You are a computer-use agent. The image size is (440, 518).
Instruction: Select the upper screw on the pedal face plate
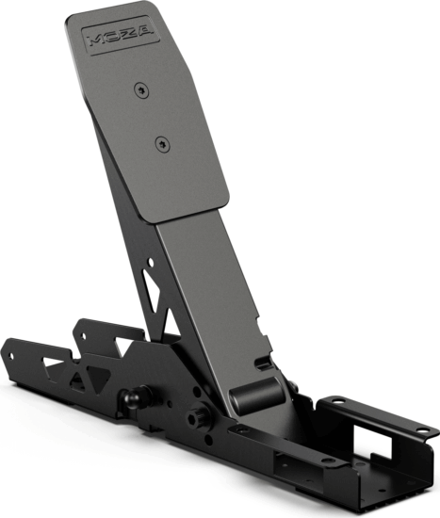pyautogui.click(x=141, y=89)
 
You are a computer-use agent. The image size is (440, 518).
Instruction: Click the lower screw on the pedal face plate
pyautogui.click(x=163, y=144)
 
